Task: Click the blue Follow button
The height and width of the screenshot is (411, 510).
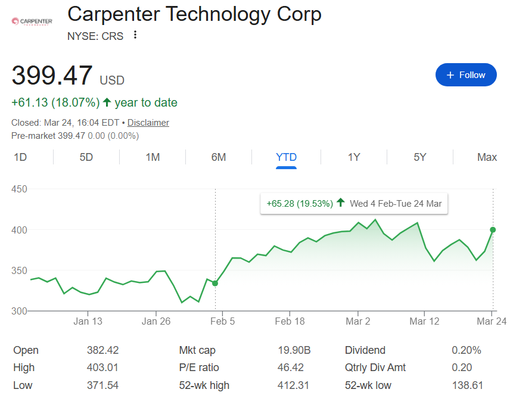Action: pyautogui.click(x=466, y=75)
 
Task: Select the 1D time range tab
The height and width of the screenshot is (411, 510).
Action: pyautogui.click(x=20, y=157)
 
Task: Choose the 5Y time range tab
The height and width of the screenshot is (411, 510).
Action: pyautogui.click(x=420, y=157)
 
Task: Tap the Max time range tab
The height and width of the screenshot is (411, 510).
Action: pyautogui.click(x=487, y=157)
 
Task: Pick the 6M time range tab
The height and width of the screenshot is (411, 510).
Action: pyautogui.click(x=219, y=157)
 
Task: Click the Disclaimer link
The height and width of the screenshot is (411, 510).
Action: pyautogui.click(x=148, y=123)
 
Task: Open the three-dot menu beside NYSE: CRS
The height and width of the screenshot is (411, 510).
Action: pyautogui.click(x=135, y=35)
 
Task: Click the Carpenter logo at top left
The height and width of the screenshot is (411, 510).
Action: pyautogui.click(x=32, y=21)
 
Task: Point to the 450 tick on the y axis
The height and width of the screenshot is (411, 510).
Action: pyautogui.click(x=20, y=189)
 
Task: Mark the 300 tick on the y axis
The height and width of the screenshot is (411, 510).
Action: pyautogui.click(x=20, y=311)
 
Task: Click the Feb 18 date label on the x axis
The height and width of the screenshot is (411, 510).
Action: pyautogui.click(x=291, y=322)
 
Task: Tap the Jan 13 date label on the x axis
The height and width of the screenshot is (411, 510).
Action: pyautogui.click(x=88, y=322)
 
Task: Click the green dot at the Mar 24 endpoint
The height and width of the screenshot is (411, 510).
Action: pyautogui.click(x=493, y=229)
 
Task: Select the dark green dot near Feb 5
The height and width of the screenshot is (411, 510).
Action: pyautogui.click(x=215, y=283)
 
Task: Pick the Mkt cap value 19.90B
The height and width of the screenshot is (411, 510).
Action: pyautogui.click(x=293, y=350)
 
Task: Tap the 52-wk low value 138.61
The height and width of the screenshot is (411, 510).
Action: pyautogui.click(x=467, y=385)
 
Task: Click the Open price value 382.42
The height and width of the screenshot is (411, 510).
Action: pyautogui.click(x=102, y=350)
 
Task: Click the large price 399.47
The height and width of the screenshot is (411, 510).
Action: pyautogui.click(x=52, y=76)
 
